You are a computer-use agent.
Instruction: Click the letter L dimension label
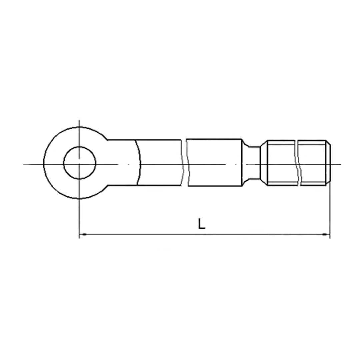pos(202,224)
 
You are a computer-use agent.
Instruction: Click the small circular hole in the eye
pos(80,163)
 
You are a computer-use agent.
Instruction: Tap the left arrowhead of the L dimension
pos(83,234)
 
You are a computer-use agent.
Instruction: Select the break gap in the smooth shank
pos(185,163)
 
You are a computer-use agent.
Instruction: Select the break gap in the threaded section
pos(297,163)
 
